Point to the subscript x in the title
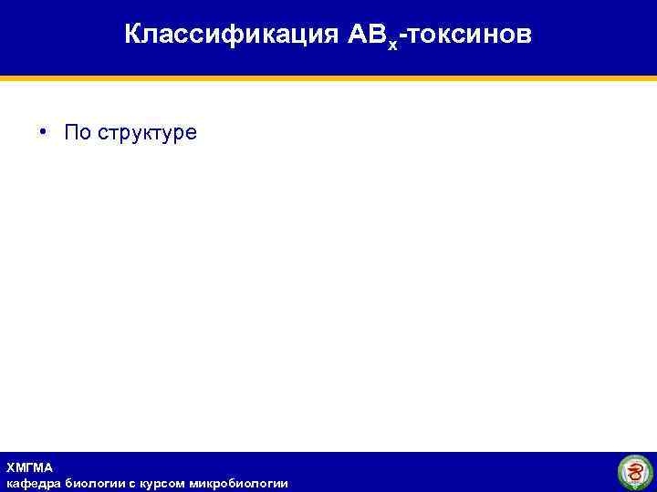pos(392,43)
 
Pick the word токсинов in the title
pos(468,35)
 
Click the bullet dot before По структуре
pos(43,133)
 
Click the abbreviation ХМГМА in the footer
pos(29,467)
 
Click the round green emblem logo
pos(635,472)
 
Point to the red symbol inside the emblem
pos(635,473)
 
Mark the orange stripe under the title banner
pos(328,79)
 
